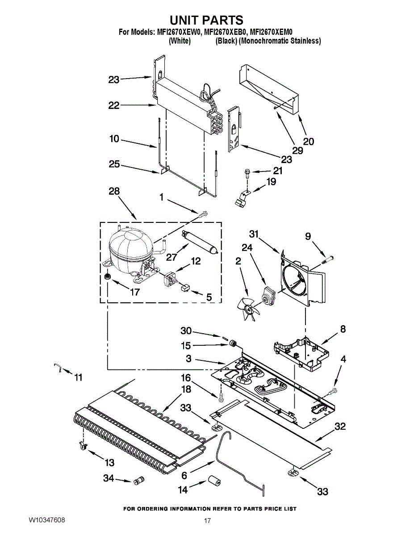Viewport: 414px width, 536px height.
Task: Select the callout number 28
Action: click(x=114, y=191)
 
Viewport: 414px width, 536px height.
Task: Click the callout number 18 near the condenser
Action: click(x=186, y=389)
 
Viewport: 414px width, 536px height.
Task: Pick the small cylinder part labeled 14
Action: click(x=214, y=482)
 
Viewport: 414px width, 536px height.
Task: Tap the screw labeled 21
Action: click(x=247, y=172)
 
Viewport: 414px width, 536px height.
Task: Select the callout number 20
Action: click(x=309, y=142)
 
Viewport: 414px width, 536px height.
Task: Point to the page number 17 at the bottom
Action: click(x=207, y=521)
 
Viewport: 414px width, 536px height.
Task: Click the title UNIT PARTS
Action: click(x=206, y=20)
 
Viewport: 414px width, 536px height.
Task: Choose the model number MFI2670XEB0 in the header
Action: click(x=226, y=32)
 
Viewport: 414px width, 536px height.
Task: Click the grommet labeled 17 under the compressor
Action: click(x=107, y=278)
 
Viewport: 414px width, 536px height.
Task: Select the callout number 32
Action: click(x=340, y=427)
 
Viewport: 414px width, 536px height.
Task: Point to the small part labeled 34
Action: click(x=138, y=481)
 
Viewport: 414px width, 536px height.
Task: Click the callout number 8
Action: click(x=343, y=329)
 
